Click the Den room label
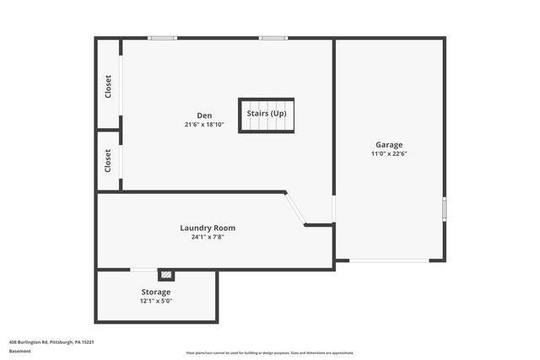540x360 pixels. [204, 116]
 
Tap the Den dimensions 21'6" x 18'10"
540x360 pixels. [204, 125]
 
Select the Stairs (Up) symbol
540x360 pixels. [266, 115]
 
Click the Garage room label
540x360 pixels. [389, 144]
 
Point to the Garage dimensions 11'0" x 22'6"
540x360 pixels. [389, 153]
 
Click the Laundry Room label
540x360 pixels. [208, 228]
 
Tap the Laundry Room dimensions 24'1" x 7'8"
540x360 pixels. [208, 237]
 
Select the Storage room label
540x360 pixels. [155, 292]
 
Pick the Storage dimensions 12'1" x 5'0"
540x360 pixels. [155, 301]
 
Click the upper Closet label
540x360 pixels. [108, 87]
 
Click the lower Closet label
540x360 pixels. [108, 160]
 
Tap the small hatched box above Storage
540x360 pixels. [167, 274]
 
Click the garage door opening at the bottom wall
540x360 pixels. [389, 261]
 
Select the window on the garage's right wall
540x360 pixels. [445, 207]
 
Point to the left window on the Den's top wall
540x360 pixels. [162, 38]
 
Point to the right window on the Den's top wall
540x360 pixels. [273, 38]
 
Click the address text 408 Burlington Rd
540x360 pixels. [51, 342]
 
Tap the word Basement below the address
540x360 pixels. [20, 352]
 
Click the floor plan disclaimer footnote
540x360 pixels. [270, 353]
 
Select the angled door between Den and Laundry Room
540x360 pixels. [294, 208]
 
